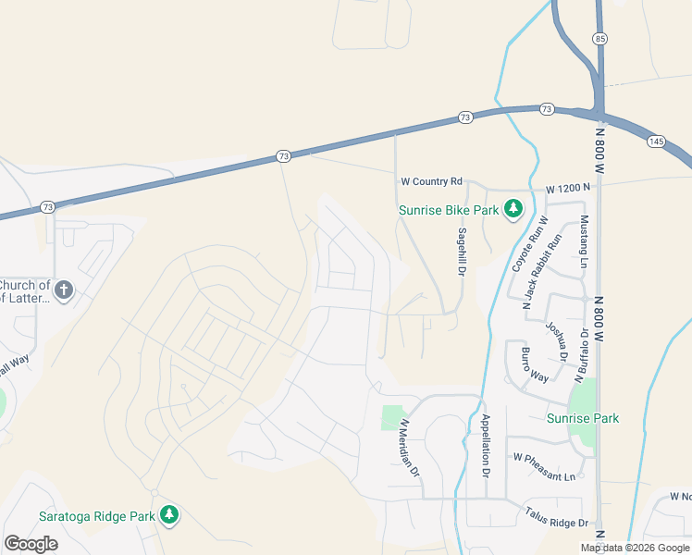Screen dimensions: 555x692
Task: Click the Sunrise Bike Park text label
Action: point(448,210)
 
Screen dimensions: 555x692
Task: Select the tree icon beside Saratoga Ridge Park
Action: point(168,514)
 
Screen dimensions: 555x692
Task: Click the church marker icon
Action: point(63,290)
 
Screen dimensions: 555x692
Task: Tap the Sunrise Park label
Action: point(582,418)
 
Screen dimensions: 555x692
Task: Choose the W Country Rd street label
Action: point(430,183)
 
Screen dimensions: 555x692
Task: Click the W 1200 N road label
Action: point(567,189)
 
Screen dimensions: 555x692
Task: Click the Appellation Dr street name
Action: point(485,444)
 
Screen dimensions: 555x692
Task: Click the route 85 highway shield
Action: point(601,38)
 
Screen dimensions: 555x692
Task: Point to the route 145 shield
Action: point(656,141)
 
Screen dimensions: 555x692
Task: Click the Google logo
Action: point(31,543)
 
